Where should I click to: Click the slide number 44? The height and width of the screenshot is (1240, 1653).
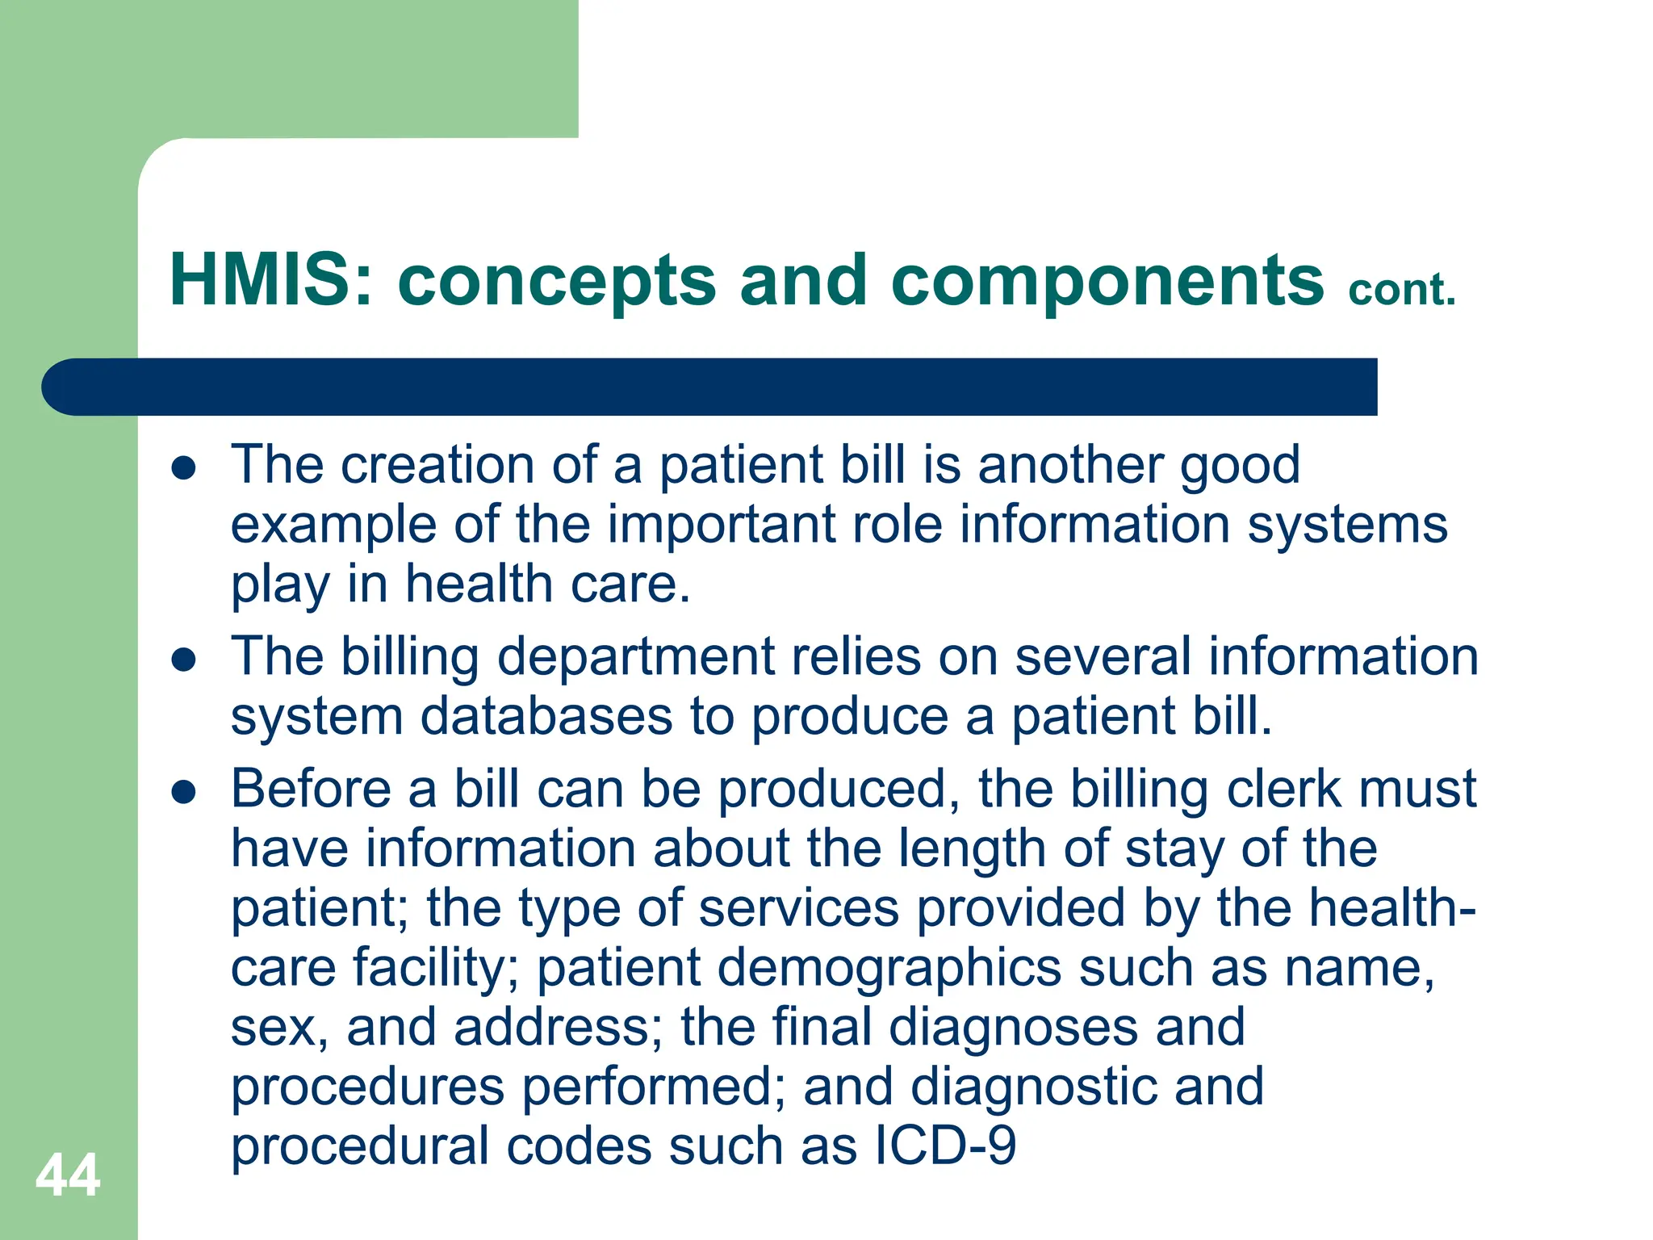(68, 1175)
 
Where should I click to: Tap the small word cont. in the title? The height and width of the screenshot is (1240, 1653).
(1402, 291)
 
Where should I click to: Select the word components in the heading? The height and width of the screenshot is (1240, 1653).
(1107, 281)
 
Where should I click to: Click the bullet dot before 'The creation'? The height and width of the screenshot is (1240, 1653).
(184, 468)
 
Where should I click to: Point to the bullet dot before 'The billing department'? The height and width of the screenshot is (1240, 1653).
(184, 660)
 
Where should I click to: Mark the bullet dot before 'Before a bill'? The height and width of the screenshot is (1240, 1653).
(184, 792)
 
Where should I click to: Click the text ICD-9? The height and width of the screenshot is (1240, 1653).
(945, 1146)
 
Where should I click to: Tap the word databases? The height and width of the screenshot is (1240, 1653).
(546, 717)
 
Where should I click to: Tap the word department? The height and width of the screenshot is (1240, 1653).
(635, 656)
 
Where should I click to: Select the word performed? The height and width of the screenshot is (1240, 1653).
(654, 1087)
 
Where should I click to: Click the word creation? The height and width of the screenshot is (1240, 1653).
(437, 466)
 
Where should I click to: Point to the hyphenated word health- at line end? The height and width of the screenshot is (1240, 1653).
(1391, 907)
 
